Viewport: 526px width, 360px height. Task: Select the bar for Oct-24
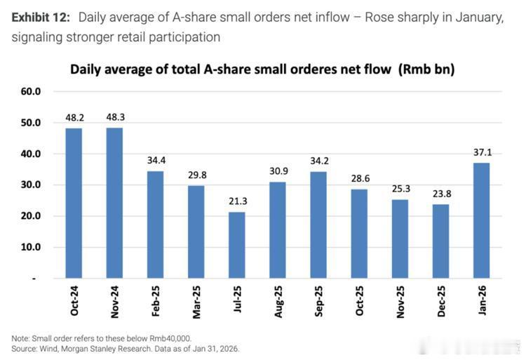pos(74,204)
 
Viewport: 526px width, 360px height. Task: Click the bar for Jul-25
pos(238,246)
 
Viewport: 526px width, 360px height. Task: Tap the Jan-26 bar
pos(480,221)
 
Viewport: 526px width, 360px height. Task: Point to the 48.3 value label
pos(114,117)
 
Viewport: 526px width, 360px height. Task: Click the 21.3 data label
pos(238,201)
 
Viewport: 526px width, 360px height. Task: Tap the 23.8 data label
pos(440,194)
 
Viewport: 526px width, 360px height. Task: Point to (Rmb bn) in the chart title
pos(428,69)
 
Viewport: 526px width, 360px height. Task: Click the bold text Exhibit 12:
pos(41,18)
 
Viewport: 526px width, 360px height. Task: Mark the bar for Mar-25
pos(196,232)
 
